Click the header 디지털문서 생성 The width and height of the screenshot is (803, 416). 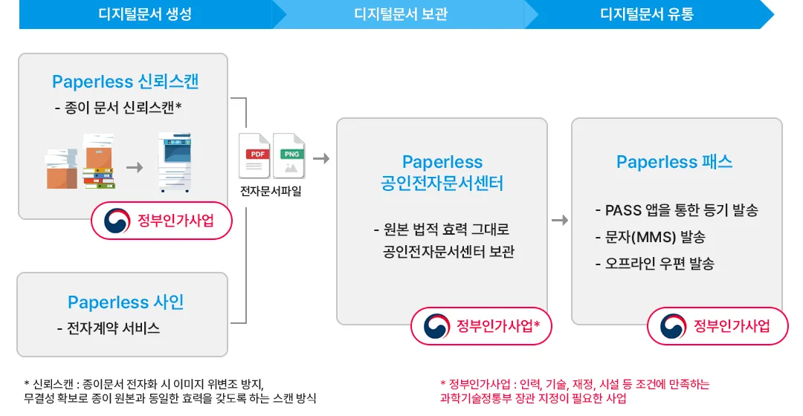(x=145, y=14)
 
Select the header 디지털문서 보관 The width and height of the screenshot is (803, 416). (x=401, y=14)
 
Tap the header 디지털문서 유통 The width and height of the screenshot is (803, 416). (x=646, y=14)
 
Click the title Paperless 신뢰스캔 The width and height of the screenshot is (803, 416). (x=126, y=82)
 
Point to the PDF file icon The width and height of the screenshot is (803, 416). (x=254, y=155)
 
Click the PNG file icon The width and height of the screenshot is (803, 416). (x=289, y=155)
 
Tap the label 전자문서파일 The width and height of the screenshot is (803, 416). (x=271, y=192)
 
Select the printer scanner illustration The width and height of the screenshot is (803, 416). (x=175, y=162)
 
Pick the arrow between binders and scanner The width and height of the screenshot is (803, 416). (x=135, y=167)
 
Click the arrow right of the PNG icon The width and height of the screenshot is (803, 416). (x=321, y=159)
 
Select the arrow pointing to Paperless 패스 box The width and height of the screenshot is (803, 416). (x=561, y=221)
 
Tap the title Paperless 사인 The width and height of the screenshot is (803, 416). (x=126, y=302)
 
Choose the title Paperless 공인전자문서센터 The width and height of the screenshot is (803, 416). (x=442, y=172)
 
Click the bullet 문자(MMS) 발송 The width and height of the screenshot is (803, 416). (x=651, y=237)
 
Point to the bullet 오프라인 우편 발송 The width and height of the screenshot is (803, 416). (x=655, y=264)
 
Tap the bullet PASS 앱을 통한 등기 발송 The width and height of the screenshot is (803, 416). (x=677, y=210)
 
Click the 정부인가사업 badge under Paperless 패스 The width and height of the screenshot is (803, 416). (x=717, y=326)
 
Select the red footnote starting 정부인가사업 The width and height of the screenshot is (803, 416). (x=575, y=391)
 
